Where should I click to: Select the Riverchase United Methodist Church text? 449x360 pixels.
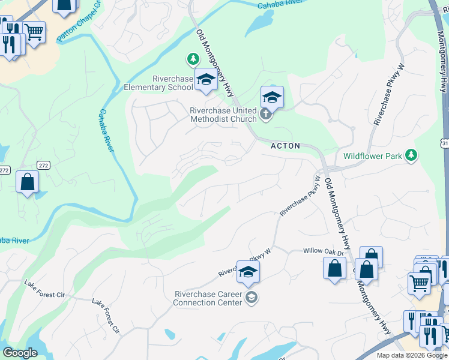[x=223, y=115]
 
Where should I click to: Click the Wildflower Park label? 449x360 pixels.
[x=372, y=156]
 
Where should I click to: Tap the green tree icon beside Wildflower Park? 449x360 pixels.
[x=411, y=155]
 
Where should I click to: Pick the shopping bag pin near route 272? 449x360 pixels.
[x=28, y=182]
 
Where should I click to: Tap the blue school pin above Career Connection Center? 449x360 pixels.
[x=248, y=272]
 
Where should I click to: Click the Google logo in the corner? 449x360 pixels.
[x=20, y=353]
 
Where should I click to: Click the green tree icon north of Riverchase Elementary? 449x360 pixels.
[x=193, y=59]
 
